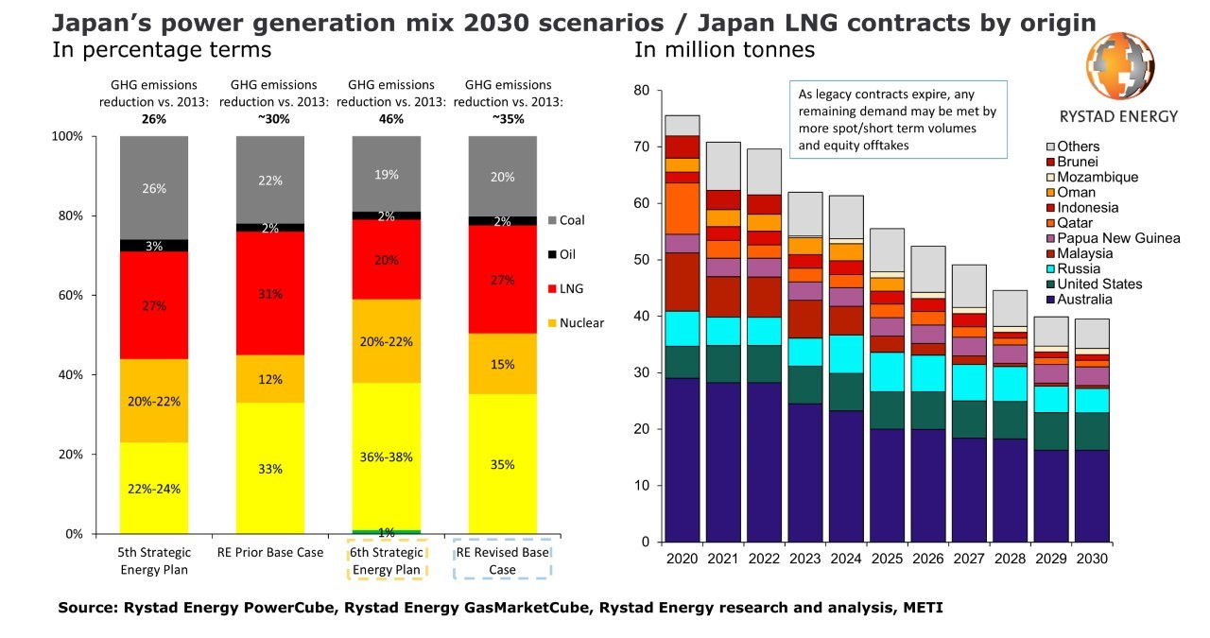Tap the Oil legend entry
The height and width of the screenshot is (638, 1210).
565,254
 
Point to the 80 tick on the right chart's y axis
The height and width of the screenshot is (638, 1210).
643,91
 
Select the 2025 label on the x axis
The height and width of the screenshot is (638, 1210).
888,559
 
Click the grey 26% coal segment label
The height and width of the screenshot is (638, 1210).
154,188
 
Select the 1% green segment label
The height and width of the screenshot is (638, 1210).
386,533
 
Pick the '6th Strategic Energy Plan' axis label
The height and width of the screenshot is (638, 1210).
386,560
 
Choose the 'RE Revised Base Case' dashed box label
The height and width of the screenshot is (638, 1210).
502,560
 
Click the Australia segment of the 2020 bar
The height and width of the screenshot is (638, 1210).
682,459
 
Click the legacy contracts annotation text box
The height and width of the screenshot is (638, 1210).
898,120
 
